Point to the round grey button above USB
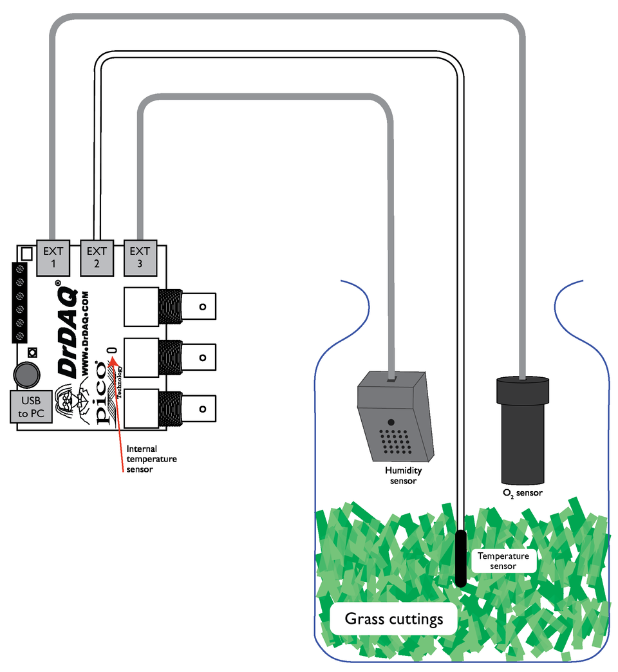tap(26, 374)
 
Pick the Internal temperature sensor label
tap(151, 458)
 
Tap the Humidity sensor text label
tap(403, 476)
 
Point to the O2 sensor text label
tap(522, 493)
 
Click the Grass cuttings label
tap(394, 619)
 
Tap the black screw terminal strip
tap(20, 302)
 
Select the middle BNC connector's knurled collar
tap(170, 357)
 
